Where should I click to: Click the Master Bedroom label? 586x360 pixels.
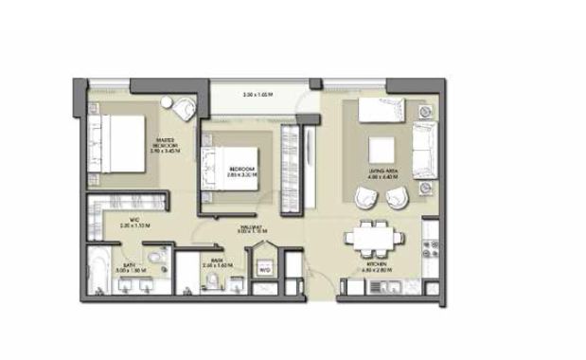coord(171,141)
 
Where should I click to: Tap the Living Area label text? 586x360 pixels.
coord(382,171)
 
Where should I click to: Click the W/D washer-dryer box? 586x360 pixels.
coord(265,269)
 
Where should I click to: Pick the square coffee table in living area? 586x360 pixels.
coord(381,148)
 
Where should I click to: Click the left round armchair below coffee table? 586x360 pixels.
coord(364,198)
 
